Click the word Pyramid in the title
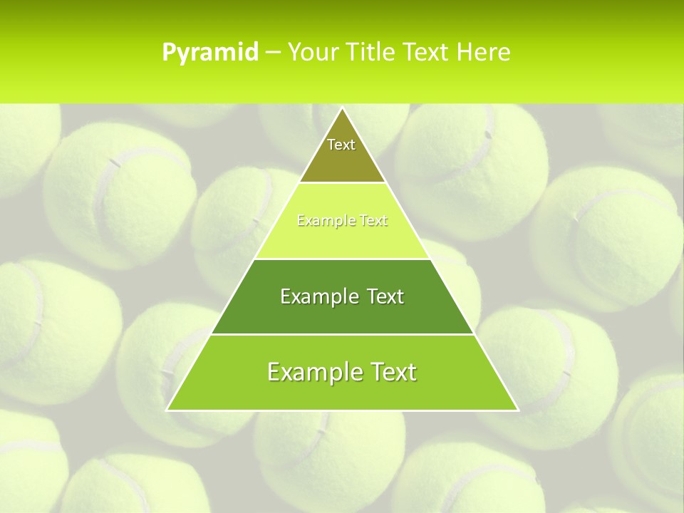coord(210,53)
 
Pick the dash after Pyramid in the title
coord(272,53)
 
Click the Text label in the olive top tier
coord(341,145)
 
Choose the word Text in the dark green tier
coord(384,296)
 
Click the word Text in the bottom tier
coord(392,372)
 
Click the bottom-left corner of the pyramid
coord(167,410)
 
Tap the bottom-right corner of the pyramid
coord(518,410)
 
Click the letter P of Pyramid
coord(168,53)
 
